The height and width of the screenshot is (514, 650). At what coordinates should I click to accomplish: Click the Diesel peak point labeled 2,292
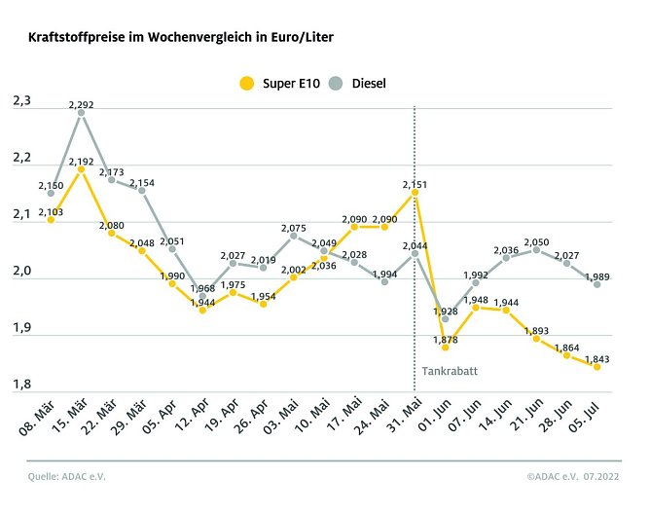81,113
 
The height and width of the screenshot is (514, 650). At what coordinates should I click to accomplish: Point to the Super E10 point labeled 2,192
81,169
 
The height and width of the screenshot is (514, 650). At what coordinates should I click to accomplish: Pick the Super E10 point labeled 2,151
415,193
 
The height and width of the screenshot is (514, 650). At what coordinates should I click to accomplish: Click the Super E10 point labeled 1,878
446,347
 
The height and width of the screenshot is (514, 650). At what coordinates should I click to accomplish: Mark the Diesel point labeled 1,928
446,318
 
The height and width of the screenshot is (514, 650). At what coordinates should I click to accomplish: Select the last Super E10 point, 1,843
597,367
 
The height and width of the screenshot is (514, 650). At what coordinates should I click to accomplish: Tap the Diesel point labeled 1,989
597,284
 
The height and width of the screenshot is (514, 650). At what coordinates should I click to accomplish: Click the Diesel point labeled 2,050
537,250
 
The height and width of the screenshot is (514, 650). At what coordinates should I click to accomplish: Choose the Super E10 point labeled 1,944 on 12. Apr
202,311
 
